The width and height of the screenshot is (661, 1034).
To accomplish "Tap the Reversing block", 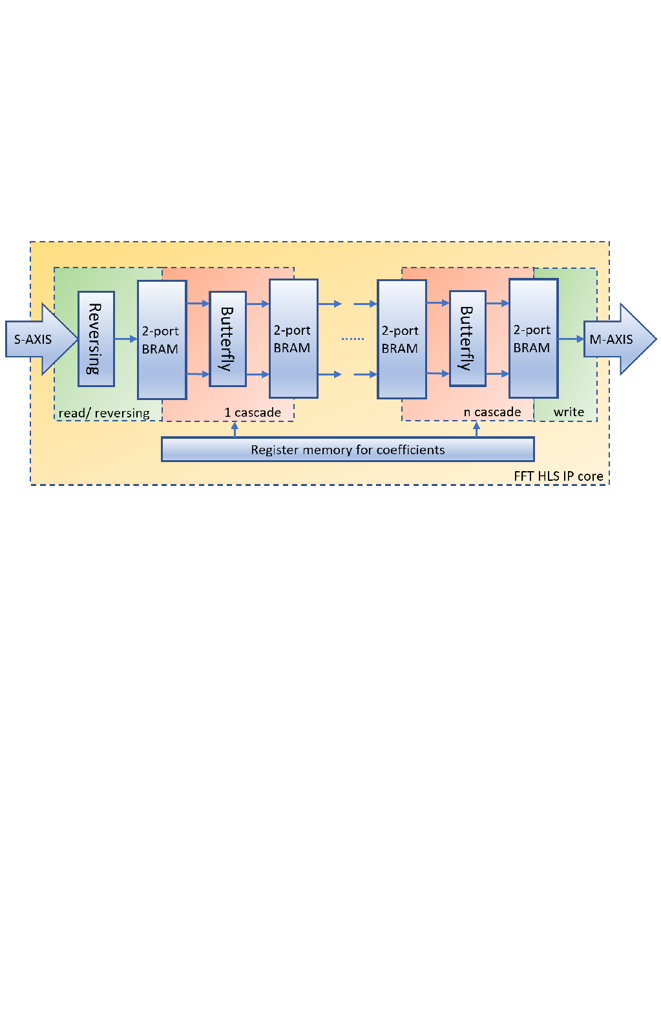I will (96, 339).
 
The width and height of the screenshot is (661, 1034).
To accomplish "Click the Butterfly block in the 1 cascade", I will (227, 339).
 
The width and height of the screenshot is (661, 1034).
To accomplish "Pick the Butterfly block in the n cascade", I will (467, 339).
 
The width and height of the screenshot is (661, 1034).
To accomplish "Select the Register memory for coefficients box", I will (348, 450).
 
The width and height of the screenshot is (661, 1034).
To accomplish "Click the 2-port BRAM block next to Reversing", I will (162, 340).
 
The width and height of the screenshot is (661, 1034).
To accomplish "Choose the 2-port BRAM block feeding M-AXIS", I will (533, 339).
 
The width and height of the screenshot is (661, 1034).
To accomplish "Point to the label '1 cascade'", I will (253, 412).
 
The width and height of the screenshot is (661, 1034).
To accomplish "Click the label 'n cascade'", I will (492, 412).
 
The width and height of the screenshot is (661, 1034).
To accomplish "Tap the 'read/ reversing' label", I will (104, 413).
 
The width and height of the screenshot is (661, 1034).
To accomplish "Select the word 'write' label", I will (569, 412).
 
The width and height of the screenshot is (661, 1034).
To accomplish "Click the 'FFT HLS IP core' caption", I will (558, 476).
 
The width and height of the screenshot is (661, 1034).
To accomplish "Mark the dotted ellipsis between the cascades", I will (353, 339).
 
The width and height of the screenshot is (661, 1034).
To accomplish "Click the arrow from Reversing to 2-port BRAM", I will (126, 339).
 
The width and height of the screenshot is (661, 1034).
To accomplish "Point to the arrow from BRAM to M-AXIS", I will (571, 339).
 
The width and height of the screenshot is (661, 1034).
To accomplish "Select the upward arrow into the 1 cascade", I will (235, 429).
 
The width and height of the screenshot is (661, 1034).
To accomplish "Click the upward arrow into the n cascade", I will (476, 429).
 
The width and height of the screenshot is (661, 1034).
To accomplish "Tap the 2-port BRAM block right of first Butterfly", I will (293, 339).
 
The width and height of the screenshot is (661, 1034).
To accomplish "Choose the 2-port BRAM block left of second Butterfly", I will (401, 339).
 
